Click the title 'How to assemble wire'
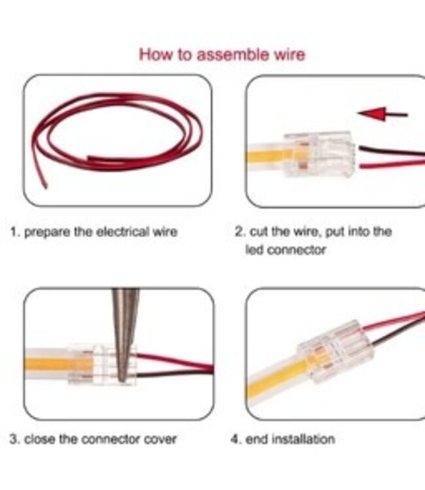point(222,54)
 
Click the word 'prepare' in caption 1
point(48,233)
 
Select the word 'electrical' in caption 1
point(123,232)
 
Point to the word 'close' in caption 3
point(41,439)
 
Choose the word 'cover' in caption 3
point(160,439)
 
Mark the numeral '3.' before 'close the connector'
point(14,439)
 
